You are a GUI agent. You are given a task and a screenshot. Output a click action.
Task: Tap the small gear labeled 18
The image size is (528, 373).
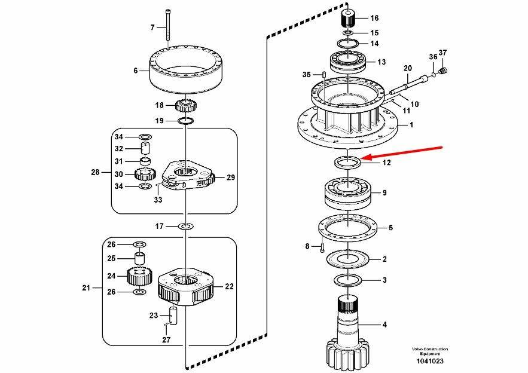tap(186, 107)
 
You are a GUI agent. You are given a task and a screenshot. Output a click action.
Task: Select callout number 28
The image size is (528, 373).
tap(95, 172)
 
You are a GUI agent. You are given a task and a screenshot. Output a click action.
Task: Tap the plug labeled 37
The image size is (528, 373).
tap(442, 71)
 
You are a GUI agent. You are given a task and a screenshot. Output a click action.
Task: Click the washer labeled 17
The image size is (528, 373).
tap(186, 226)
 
